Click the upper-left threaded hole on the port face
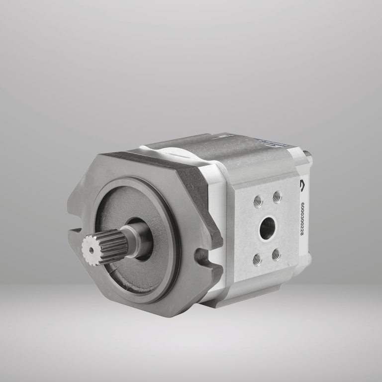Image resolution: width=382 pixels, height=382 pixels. [x=258, y=200]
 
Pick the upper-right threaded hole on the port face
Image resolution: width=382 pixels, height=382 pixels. [x=277, y=197]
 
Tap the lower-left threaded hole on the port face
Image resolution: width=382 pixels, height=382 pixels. [x=257, y=259]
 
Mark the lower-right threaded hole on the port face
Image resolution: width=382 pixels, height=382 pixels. [x=276, y=255]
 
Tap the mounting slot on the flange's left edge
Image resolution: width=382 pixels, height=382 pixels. [x=75, y=231]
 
